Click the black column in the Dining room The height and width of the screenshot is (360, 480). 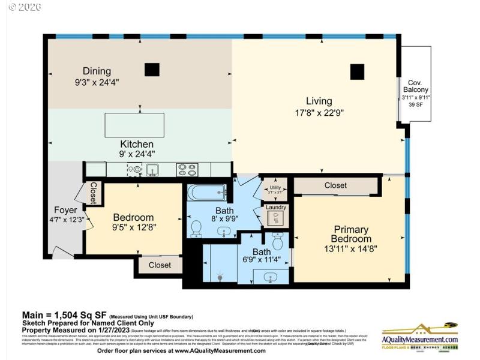tap(152, 70)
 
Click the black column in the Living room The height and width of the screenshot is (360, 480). tap(358, 71)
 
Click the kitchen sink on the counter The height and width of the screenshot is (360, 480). tap(152, 170)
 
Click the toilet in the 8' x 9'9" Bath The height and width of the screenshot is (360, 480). tap(196, 228)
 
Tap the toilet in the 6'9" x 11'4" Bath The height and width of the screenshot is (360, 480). tap(277, 241)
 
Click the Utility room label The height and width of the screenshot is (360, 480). tap(275, 188)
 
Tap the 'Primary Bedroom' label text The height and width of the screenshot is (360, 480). tap(351, 234)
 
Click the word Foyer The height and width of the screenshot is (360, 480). tap(65, 210)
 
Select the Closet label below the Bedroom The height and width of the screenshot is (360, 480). tap(160, 265)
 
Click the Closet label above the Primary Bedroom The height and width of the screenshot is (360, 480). tap(335, 185)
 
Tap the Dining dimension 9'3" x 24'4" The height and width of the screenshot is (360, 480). tap(97, 81)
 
